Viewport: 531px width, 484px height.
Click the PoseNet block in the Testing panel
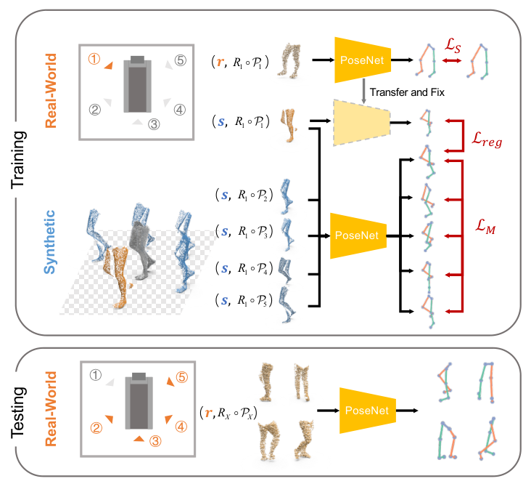368,411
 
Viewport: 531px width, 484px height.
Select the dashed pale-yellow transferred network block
362,123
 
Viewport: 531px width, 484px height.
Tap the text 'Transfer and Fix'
407,92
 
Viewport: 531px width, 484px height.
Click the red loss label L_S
453,46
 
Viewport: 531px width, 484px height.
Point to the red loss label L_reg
487,140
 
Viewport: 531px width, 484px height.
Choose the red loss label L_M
485,227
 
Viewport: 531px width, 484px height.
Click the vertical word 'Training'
19,160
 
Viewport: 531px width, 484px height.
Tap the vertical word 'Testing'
19,413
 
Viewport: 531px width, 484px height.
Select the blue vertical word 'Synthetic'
49,242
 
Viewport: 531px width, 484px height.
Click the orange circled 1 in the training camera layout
94,59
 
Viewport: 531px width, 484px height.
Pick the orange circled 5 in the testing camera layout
182,377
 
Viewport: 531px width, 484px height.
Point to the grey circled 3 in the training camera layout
154,124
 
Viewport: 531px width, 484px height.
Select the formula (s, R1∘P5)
244,301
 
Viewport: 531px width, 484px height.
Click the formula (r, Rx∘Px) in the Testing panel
229,413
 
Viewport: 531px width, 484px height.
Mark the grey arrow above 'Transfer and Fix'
363,91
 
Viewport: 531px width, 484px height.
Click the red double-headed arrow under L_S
452,61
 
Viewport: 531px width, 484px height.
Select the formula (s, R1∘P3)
244,232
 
